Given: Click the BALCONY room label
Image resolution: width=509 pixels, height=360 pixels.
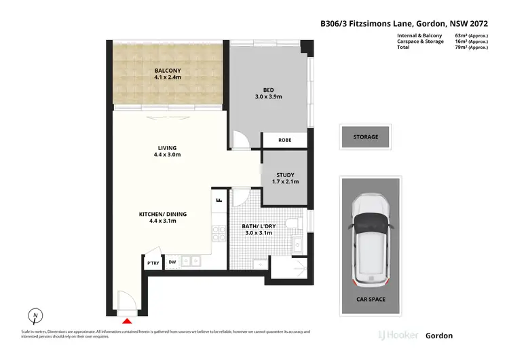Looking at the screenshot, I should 166,70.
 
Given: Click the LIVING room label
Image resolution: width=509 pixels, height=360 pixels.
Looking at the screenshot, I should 167,147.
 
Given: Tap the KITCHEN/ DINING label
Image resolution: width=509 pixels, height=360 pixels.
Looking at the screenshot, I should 163,214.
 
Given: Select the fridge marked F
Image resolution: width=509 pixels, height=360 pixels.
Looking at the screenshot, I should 219,199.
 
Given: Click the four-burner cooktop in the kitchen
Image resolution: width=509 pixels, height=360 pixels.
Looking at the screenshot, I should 219,234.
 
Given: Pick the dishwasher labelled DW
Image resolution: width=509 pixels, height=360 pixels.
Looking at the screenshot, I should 172,262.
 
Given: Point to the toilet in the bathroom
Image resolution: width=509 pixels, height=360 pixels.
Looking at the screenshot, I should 293,223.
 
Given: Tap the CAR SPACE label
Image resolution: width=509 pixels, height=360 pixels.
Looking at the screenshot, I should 371,298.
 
